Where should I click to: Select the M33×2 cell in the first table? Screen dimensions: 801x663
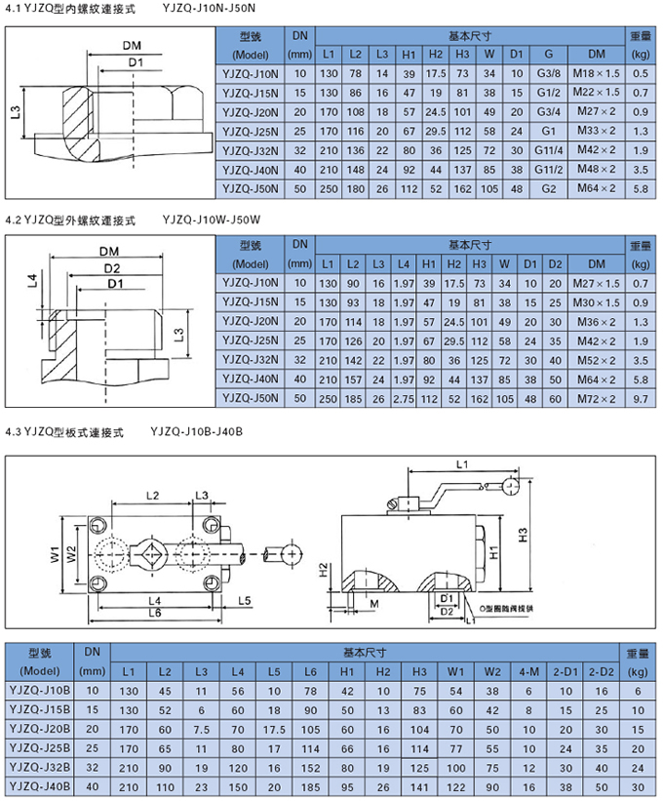[604, 131]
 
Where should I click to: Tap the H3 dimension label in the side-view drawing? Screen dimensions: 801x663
[523, 536]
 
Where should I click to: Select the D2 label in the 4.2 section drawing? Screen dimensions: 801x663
[110, 267]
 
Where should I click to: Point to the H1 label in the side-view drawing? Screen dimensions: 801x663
[494, 552]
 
